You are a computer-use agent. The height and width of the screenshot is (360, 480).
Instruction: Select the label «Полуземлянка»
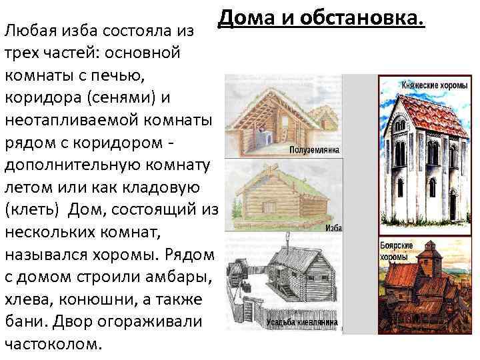(314, 151)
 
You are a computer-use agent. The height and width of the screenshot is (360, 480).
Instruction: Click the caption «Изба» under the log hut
(333, 228)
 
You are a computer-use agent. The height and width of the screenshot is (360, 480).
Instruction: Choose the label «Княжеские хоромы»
(427, 85)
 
